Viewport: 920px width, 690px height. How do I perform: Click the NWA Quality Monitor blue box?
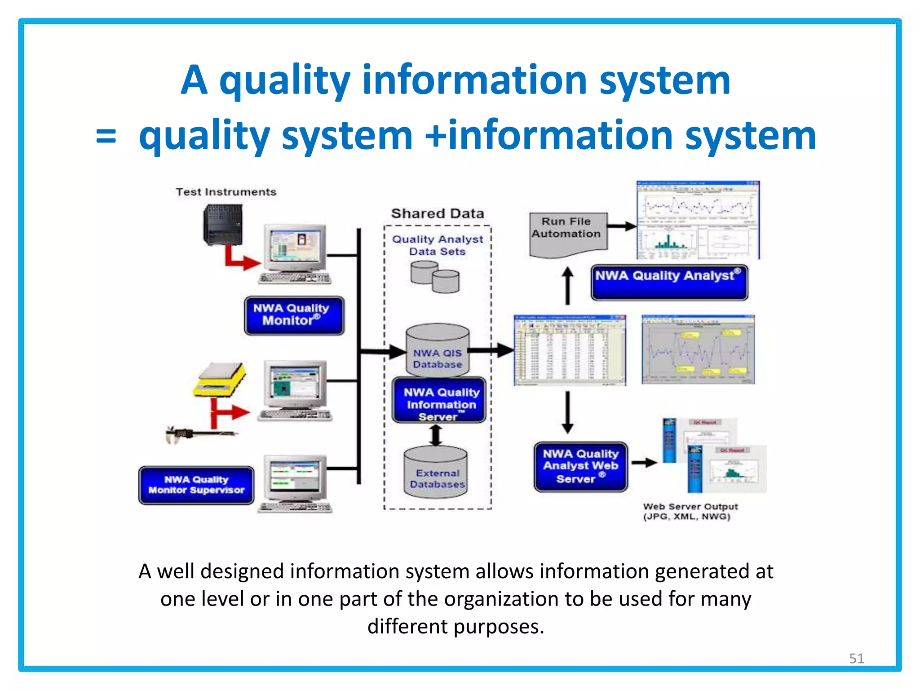(x=294, y=315)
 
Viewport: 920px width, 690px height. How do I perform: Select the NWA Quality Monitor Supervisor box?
(x=196, y=485)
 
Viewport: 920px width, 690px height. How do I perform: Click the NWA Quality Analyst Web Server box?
(x=580, y=467)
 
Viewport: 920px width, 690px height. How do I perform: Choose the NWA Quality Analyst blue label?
(x=669, y=282)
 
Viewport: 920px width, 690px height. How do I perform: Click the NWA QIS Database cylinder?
(x=437, y=350)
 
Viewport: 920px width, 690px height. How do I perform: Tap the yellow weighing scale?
(x=220, y=380)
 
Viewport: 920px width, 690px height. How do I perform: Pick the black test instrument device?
(x=223, y=225)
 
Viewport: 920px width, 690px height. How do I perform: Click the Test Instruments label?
(x=226, y=192)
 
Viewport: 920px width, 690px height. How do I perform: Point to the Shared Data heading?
(x=438, y=213)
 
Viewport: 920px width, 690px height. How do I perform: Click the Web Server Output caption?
(x=690, y=511)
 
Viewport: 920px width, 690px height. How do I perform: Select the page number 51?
(x=856, y=658)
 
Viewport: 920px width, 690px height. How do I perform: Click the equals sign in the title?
(x=106, y=136)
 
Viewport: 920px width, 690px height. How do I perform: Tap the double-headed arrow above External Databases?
(x=435, y=435)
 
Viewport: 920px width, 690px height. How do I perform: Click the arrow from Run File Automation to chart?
(x=622, y=226)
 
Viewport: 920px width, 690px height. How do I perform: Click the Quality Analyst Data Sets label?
(x=438, y=245)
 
